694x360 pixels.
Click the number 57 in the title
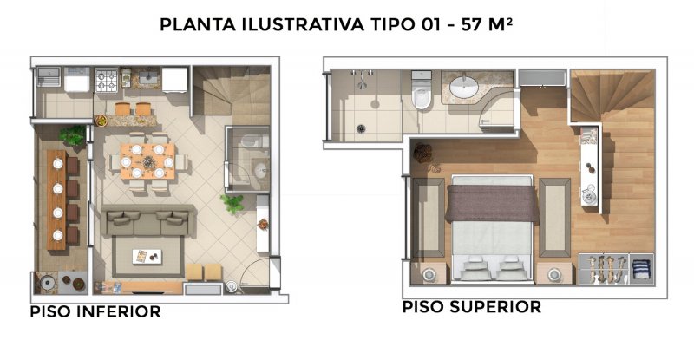click(x=471, y=25)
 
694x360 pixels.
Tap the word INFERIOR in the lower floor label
click(x=119, y=311)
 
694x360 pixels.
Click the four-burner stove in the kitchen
click(x=107, y=80)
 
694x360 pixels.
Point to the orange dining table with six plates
click(x=147, y=161)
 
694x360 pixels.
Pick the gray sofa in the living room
click(x=147, y=220)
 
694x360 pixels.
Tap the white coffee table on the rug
click(x=147, y=257)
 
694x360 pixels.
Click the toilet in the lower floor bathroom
click(x=250, y=141)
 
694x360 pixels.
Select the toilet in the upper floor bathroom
click(x=421, y=90)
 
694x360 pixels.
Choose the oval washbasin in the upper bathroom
click(x=464, y=87)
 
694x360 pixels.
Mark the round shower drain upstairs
click(x=361, y=129)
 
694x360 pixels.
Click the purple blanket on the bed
click(x=492, y=203)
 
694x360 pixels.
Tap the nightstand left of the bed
click(x=429, y=273)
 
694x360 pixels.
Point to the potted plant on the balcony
click(x=73, y=135)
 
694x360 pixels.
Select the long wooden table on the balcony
click(x=56, y=200)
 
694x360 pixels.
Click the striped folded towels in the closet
click(x=641, y=269)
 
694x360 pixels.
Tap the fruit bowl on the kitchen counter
click(x=101, y=120)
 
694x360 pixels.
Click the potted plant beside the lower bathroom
click(x=232, y=204)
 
